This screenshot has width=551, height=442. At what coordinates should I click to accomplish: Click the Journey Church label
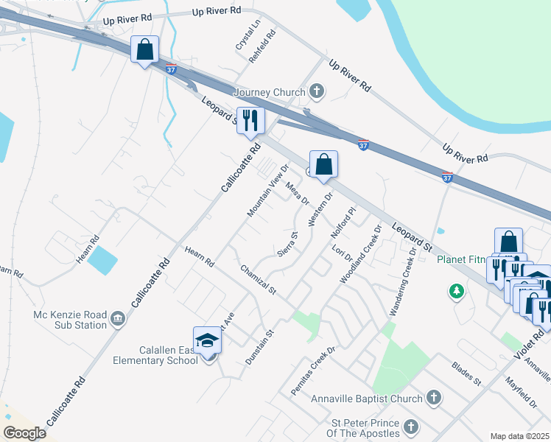[269, 92]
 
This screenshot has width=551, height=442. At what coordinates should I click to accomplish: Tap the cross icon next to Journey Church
[317, 92]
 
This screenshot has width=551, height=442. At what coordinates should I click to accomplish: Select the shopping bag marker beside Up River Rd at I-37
[145, 50]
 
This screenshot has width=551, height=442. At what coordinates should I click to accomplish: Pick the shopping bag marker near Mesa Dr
[323, 165]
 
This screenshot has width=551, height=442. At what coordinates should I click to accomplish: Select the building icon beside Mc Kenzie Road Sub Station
[117, 318]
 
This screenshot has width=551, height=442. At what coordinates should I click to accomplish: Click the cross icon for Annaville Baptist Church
[434, 399]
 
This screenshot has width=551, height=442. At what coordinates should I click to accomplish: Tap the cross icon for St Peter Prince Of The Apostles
[411, 426]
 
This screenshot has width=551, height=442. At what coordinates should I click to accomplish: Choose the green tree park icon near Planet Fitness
[457, 292]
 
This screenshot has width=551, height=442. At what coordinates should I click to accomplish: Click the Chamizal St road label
[258, 281]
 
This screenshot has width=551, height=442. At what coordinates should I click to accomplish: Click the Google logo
[24, 433]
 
